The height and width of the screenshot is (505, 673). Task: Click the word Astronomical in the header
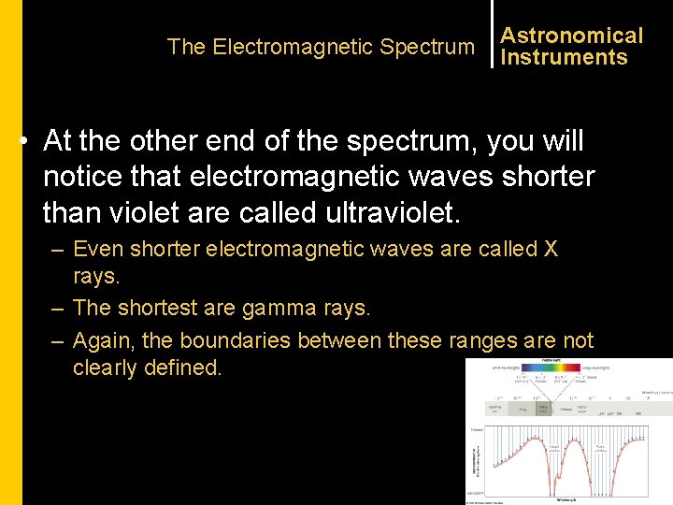(x=571, y=36)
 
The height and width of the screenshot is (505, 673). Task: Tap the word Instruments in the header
(x=564, y=57)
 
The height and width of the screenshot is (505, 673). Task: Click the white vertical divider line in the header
(x=492, y=36)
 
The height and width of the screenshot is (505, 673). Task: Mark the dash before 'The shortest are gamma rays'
(x=59, y=307)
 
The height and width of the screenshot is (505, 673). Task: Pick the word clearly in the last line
(x=106, y=368)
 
